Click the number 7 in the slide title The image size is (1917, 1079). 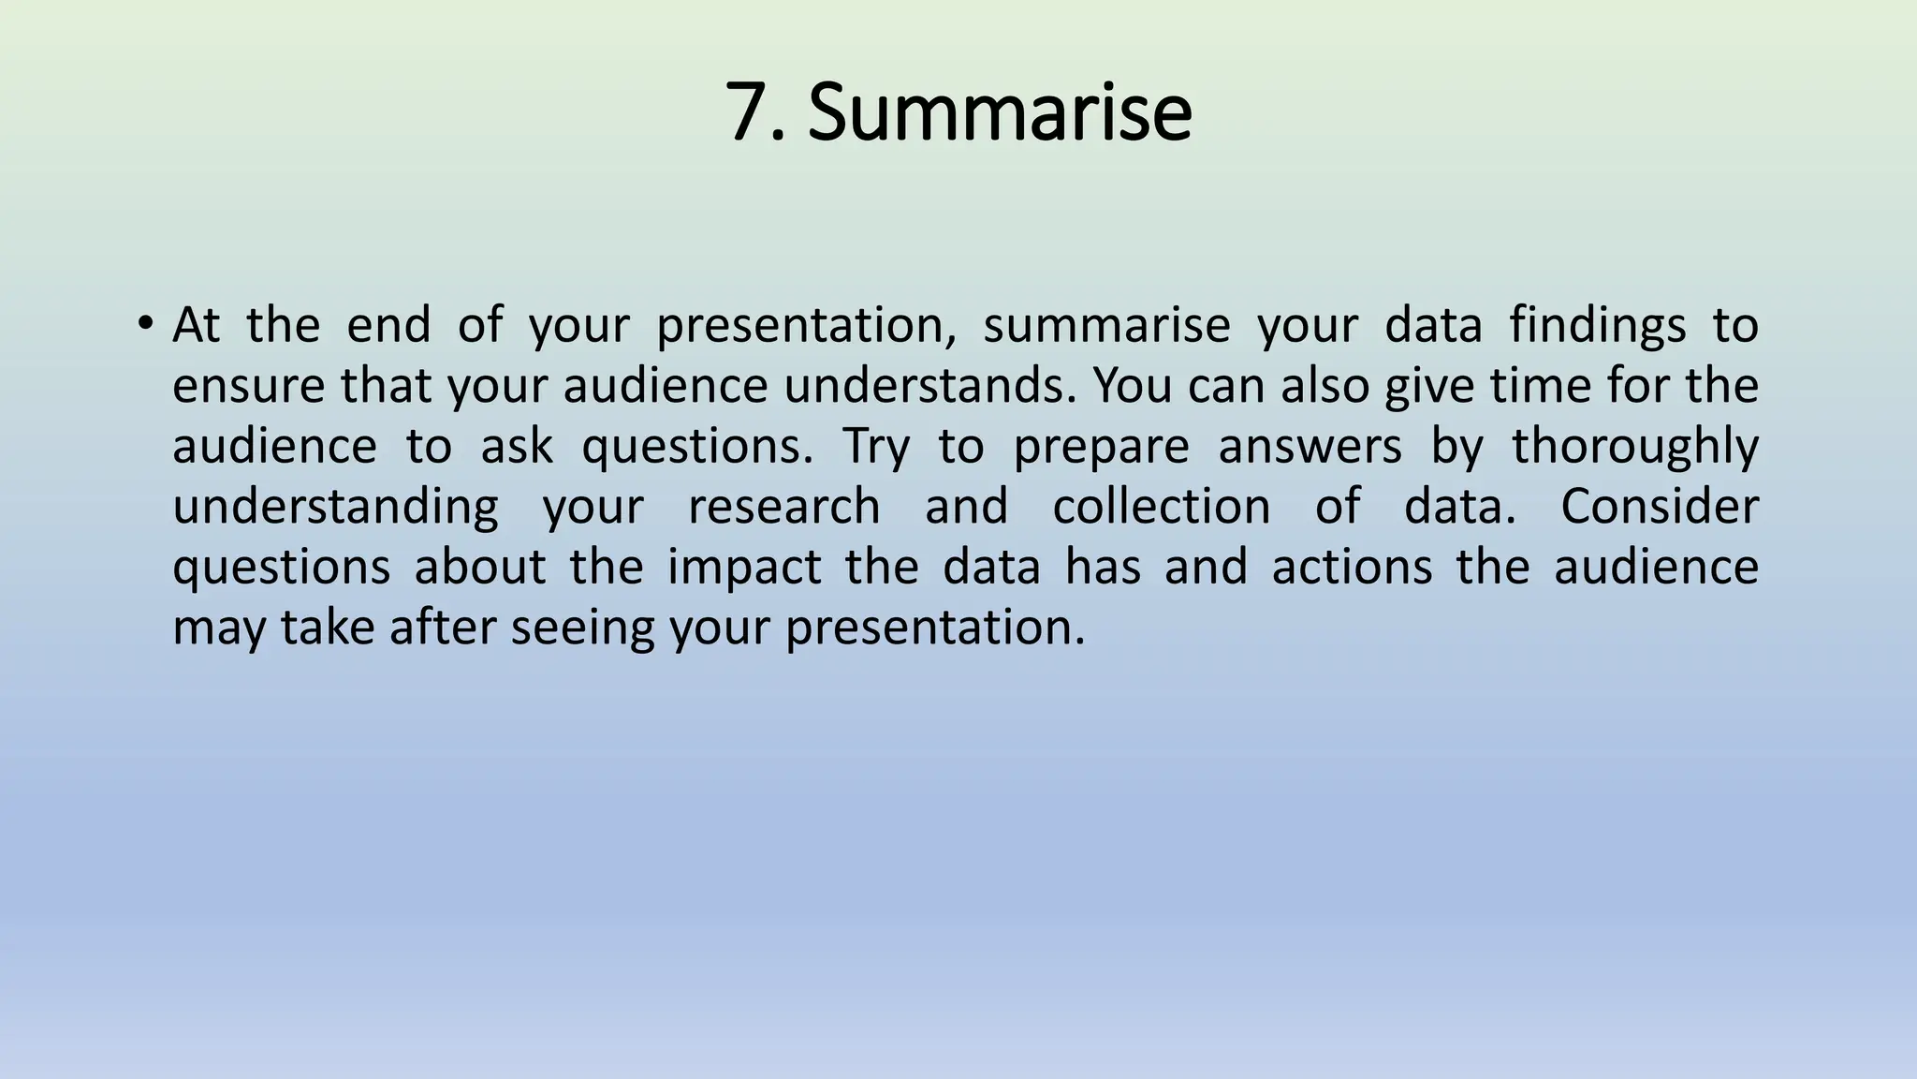pos(753,112)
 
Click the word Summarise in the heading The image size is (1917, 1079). pos(1000,112)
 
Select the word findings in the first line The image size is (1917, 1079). pos(1598,327)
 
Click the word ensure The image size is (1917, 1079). pos(245,386)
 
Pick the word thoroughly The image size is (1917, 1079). pos(1634,447)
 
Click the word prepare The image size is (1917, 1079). pos(1101,447)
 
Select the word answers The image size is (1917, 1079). pos(1310,447)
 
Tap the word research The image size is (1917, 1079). pos(783,507)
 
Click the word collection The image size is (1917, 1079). pos(1162,507)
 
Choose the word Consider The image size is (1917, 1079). pos(1659,507)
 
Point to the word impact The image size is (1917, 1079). pos(744,568)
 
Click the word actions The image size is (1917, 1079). pos(1352,568)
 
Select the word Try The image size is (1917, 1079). pos(876,447)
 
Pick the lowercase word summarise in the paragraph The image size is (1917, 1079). pos(1105,327)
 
